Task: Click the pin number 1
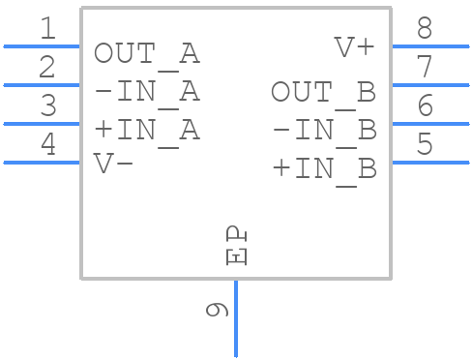[x=47, y=29]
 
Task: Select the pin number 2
[x=47, y=68]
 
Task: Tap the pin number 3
[x=47, y=106]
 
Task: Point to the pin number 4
[x=47, y=145]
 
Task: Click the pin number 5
[x=424, y=145]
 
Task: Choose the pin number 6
[x=424, y=106]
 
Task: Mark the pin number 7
[x=424, y=68]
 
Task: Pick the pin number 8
[x=424, y=29]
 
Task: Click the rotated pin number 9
[x=218, y=310]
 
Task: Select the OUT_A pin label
[x=146, y=54]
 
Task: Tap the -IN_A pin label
[x=146, y=92]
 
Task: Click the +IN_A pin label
[x=146, y=130]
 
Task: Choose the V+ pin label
[x=354, y=47]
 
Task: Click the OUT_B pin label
[x=323, y=92]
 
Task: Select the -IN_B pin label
[x=323, y=130]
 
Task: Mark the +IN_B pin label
[x=323, y=167]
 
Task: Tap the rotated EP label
[x=237, y=246]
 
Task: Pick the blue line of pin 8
[x=429, y=45]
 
